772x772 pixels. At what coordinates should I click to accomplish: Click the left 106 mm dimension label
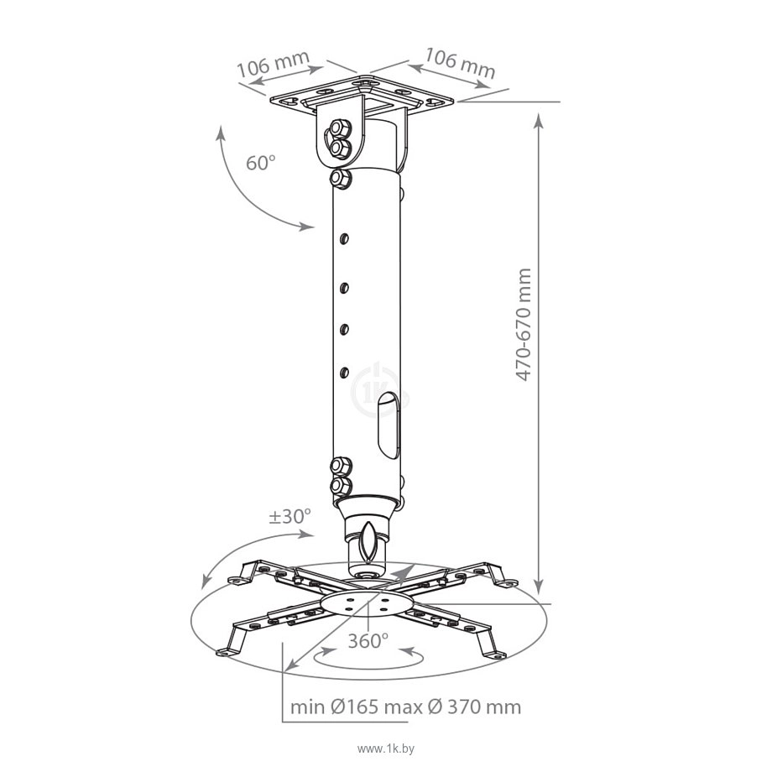274,64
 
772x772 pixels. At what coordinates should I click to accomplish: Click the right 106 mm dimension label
460,63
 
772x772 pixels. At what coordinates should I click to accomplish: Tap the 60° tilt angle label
260,163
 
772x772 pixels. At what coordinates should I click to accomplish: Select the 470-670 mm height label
524,325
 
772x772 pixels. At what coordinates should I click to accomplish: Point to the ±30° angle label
290,516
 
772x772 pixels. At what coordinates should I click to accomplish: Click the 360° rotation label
368,641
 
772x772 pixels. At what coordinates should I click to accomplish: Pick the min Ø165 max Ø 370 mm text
405,707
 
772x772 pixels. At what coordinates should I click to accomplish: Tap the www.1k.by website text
386,749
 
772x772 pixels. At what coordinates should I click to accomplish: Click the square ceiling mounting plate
362,95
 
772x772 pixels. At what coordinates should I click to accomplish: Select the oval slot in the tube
388,426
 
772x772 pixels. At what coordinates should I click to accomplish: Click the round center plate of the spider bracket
366,603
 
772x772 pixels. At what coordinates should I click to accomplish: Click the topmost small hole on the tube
344,239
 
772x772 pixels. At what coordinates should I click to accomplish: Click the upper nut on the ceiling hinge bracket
340,129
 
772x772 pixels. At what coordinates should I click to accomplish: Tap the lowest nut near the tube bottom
341,486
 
